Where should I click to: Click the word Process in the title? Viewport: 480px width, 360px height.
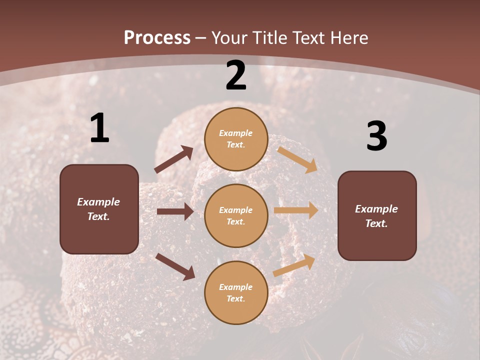tap(157, 37)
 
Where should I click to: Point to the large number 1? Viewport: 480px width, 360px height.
tap(99, 128)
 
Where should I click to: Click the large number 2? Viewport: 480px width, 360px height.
tap(236, 75)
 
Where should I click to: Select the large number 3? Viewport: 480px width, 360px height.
tap(376, 136)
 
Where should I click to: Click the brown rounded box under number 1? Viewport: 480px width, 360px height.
tap(99, 209)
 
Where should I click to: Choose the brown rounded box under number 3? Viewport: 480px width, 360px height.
tap(377, 215)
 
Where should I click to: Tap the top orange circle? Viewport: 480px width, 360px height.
tap(236, 138)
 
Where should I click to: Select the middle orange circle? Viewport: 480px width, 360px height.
tap(236, 215)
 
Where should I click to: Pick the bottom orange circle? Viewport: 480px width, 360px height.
tap(236, 292)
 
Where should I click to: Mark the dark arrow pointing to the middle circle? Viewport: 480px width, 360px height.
tap(175, 211)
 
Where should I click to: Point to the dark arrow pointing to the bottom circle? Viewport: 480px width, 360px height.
tap(175, 266)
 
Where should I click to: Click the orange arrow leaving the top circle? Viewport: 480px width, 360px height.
tap(297, 159)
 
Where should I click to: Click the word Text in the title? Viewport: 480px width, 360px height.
tap(309, 37)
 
